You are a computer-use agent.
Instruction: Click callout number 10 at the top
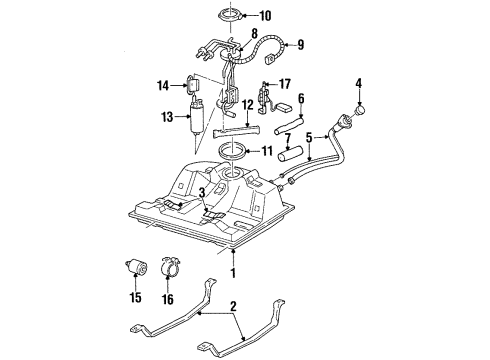pyautogui.click(x=264, y=16)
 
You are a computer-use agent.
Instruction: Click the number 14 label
pyautogui.click(x=162, y=87)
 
